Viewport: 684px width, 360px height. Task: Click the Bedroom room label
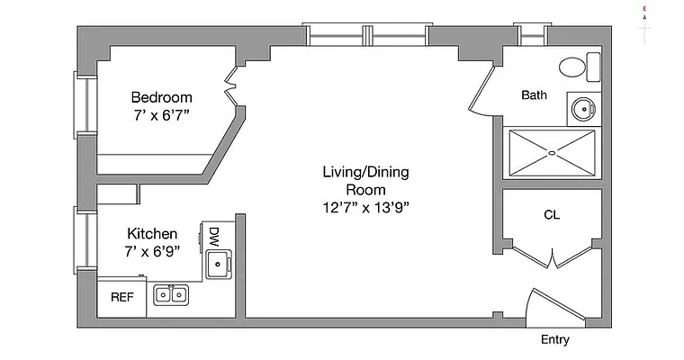pos(161,97)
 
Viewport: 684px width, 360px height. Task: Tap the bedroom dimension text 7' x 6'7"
pos(161,115)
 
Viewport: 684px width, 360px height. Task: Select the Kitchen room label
pos(152,234)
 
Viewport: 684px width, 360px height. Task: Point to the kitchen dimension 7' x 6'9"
pos(152,252)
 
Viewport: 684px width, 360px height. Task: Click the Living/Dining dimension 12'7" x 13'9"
pos(366,208)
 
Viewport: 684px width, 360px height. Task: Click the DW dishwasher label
pos(213,237)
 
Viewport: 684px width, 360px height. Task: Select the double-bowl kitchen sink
pos(171,295)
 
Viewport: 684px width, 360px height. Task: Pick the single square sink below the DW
pos(218,264)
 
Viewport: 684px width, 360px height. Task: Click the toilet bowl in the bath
pos(572,67)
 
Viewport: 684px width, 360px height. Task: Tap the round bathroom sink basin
pos(583,109)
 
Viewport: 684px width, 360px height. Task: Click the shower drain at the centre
pos(552,153)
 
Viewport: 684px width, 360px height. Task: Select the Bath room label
pos(534,95)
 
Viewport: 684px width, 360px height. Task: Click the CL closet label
pos(552,215)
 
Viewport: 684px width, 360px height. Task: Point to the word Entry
pos(555,339)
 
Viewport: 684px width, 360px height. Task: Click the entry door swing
pos(556,308)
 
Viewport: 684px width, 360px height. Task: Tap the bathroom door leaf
pos(481,88)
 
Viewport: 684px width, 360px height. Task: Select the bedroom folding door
pos(231,86)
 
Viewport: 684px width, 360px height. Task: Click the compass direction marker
pos(644,24)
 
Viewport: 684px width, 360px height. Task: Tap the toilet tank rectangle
pos(593,67)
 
